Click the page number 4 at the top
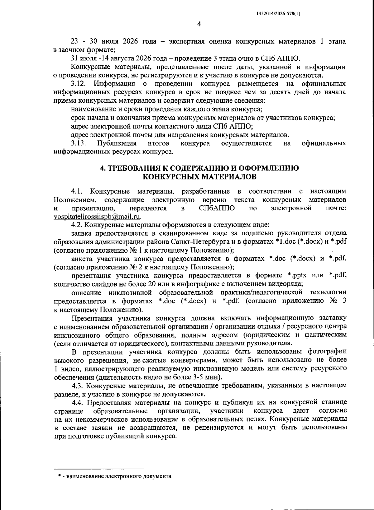coord(199,25)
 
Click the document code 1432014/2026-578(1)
coord(278,14)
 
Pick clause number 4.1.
coord(77,191)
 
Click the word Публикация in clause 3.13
coord(117,143)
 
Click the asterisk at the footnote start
coord(59,476)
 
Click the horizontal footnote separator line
coord(99,468)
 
